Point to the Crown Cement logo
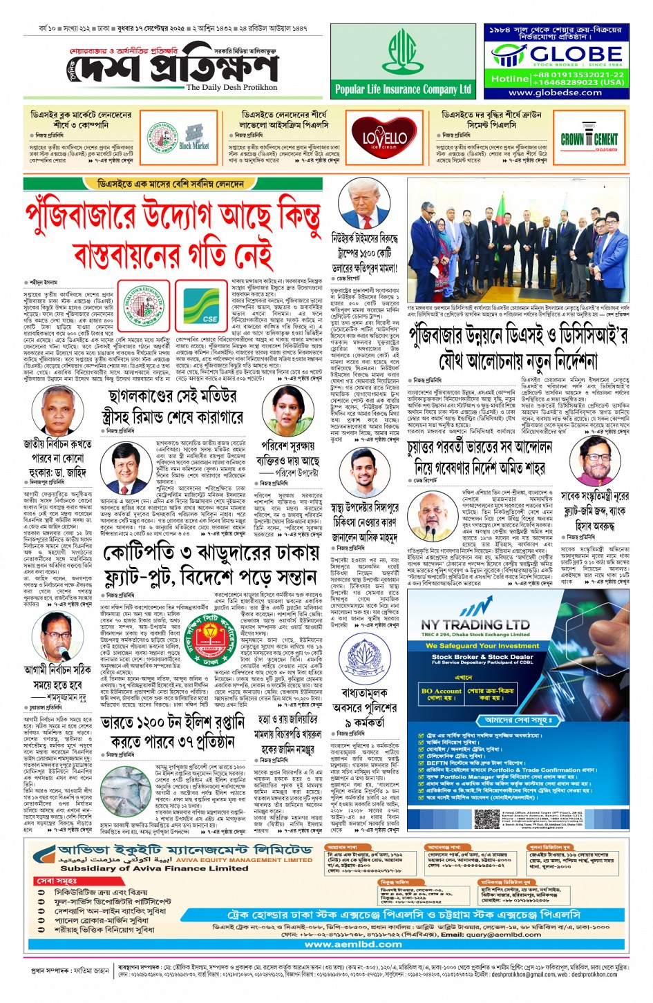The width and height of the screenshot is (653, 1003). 589,140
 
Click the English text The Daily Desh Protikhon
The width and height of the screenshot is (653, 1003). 231,88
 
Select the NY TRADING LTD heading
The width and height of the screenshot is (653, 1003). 475,624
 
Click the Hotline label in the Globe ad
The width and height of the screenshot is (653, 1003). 509,79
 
